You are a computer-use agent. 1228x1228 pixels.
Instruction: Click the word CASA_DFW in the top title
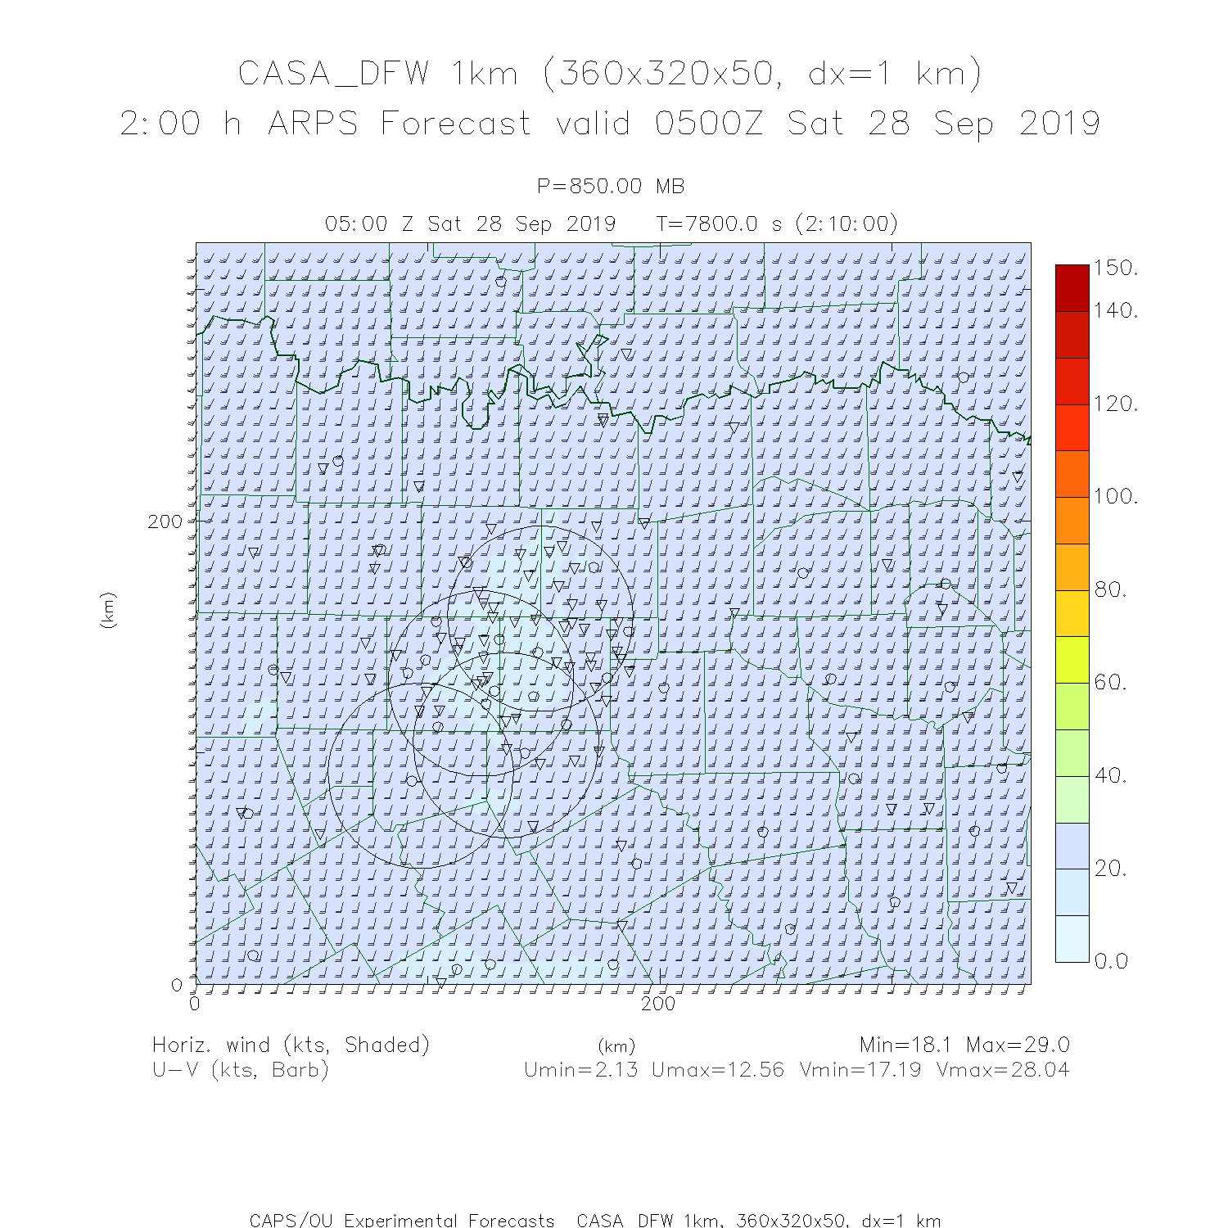[333, 74]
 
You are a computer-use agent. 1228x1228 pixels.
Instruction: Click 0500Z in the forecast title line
[709, 124]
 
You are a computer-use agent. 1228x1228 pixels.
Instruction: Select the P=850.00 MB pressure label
[610, 187]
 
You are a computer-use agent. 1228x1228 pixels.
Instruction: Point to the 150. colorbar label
[1115, 269]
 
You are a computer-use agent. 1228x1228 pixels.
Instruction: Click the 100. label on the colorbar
[1115, 496]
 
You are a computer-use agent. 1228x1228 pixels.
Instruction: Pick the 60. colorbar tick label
[1111, 682]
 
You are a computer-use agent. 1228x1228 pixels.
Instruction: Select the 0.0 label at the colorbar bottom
[1111, 961]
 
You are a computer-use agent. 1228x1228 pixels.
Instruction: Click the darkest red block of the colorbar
[1072, 287]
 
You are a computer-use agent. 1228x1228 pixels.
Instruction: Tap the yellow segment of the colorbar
[1072, 613]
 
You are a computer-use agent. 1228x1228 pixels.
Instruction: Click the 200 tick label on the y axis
[165, 521]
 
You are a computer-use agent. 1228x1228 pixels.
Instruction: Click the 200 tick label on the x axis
[658, 1004]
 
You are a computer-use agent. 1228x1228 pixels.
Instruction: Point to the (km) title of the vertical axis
[108, 610]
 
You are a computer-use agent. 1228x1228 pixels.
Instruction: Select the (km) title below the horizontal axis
[616, 1046]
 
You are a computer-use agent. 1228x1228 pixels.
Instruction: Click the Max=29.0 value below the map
[1018, 1045]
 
